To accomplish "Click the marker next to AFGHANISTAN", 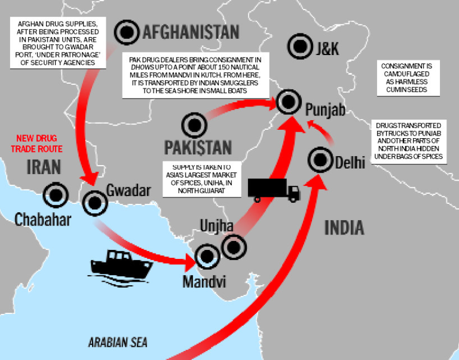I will point(127,30).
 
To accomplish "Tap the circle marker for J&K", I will point(299,45).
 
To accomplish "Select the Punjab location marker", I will point(288,103).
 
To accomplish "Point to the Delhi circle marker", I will point(320,160).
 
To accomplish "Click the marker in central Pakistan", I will point(194,126).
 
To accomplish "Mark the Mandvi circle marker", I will point(207,257).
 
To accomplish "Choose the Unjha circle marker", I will point(233,245).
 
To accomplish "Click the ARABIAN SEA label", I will point(118,343).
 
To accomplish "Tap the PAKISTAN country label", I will point(197,147).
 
